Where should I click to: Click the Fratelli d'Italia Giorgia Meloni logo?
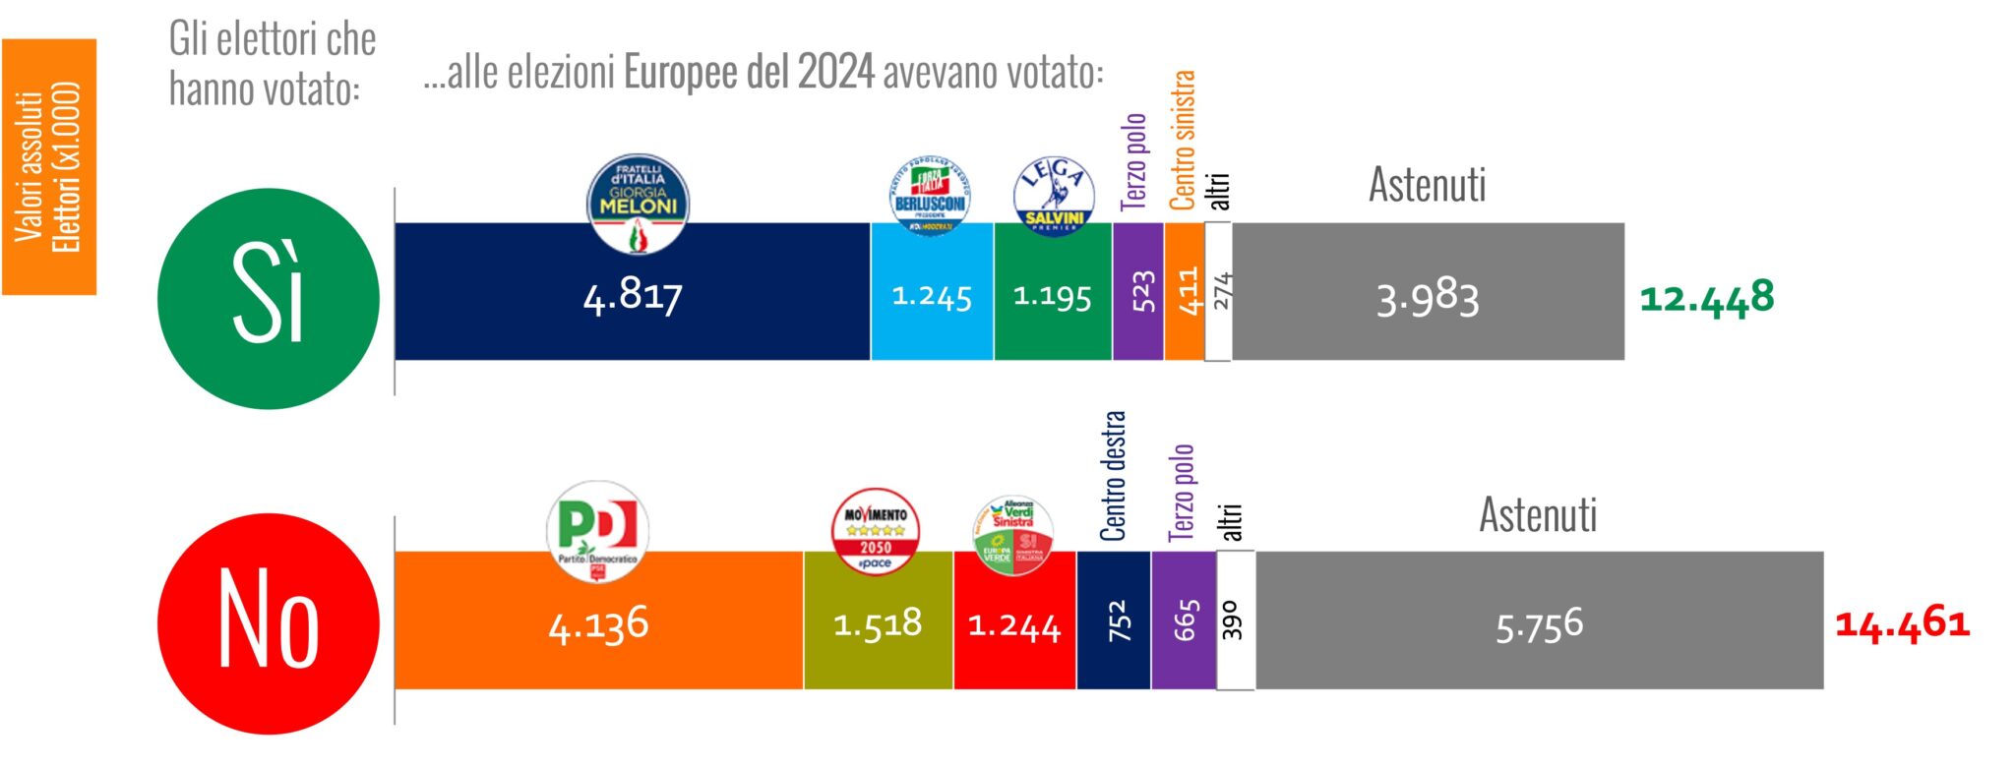pyautogui.click(x=638, y=203)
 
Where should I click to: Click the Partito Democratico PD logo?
pyautogui.click(x=597, y=531)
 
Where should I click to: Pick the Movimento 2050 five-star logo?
pyautogui.click(x=876, y=532)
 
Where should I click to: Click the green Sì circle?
pyautogui.click(x=269, y=298)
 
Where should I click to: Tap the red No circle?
pyautogui.click(x=269, y=623)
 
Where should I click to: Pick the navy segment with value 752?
pyautogui.click(x=1114, y=620)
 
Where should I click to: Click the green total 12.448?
pyautogui.click(x=1707, y=297)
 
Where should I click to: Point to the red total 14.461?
pyautogui.click(x=1903, y=623)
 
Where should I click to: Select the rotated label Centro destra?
pyautogui.click(x=1113, y=477)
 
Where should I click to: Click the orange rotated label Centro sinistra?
pyautogui.click(x=1183, y=140)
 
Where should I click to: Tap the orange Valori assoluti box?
pyautogui.click(x=49, y=166)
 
